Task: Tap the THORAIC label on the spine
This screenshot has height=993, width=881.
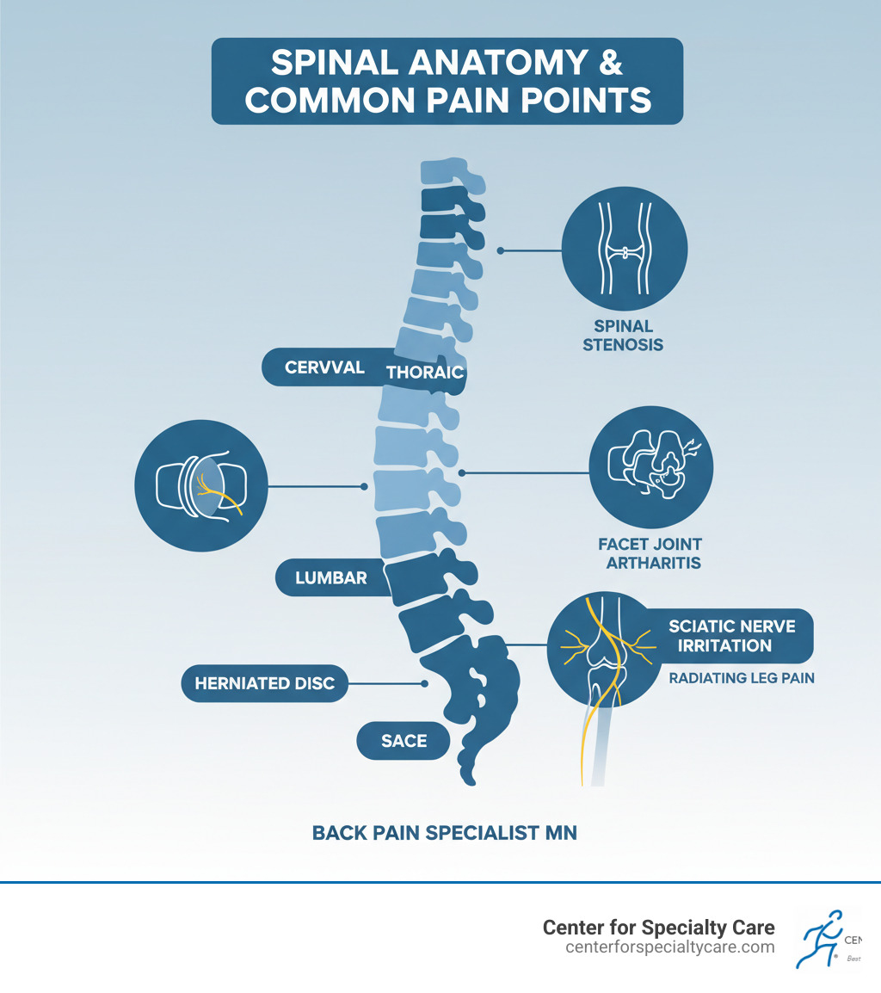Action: pos(425,373)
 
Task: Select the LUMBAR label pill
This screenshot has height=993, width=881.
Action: pos(330,577)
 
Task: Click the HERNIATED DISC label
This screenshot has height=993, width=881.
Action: pos(264,683)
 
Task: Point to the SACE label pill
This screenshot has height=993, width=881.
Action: pos(404,740)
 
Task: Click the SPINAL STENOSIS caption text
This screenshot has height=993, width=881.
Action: pos(623,336)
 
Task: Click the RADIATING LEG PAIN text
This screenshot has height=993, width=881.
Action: pos(742,678)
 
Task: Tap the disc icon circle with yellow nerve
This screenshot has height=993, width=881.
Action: pos(202,486)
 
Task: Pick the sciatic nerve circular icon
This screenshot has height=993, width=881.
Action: pos(607,645)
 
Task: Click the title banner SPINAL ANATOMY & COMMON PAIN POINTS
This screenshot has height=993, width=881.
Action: pos(447,81)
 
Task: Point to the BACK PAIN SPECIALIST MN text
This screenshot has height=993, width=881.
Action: pos(445,833)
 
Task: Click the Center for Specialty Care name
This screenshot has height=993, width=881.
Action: pos(658,928)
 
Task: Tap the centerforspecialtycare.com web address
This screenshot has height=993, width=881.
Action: pos(670,947)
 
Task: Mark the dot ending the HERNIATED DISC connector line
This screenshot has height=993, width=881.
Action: pos(425,683)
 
